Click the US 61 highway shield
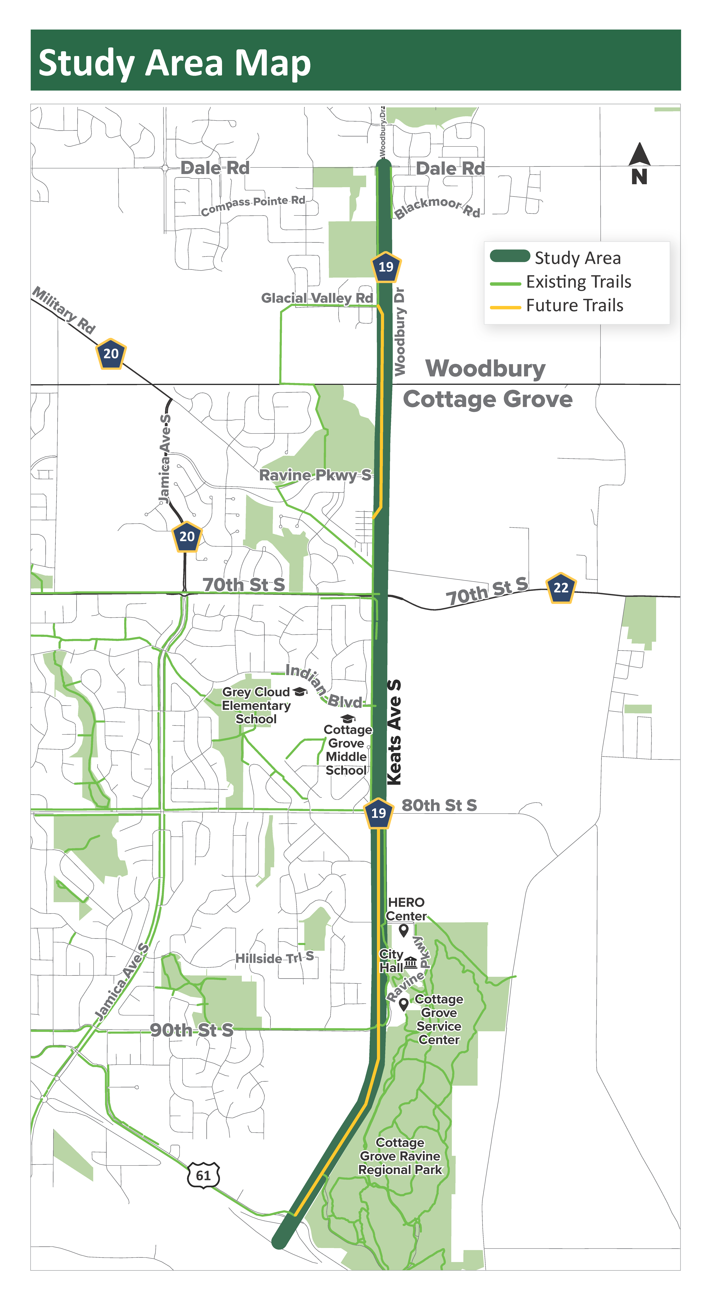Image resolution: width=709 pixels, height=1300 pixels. [203, 1175]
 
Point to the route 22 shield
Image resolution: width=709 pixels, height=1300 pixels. [561, 587]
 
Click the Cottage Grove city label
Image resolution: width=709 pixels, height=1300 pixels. [487, 399]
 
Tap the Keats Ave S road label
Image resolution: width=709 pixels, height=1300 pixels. [394, 732]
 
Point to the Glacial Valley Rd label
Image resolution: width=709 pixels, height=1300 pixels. [317, 298]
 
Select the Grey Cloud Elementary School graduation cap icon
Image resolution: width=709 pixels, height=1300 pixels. [300, 691]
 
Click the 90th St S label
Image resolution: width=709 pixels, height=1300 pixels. [192, 1030]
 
